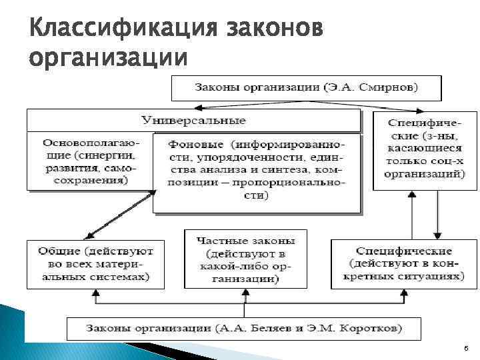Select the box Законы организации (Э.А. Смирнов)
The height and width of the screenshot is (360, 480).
[x=306, y=87]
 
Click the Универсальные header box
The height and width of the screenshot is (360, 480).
[x=193, y=121]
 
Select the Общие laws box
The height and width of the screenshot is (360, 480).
[x=95, y=263]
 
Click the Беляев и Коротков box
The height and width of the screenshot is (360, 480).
[x=243, y=329]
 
